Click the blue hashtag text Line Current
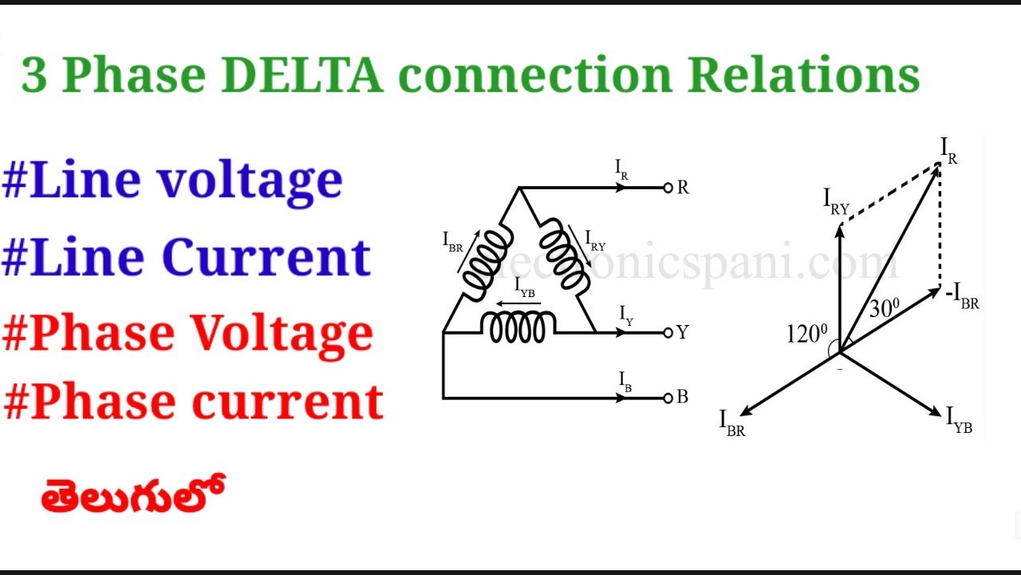(x=187, y=257)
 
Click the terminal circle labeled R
(x=668, y=188)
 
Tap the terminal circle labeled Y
(x=668, y=332)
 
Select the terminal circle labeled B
(x=668, y=397)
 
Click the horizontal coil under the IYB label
(x=518, y=327)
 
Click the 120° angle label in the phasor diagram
(x=807, y=334)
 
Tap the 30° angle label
(x=883, y=308)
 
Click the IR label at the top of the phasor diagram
(x=948, y=150)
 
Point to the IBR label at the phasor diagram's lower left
(x=731, y=423)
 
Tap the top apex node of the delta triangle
(x=519, y=188)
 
